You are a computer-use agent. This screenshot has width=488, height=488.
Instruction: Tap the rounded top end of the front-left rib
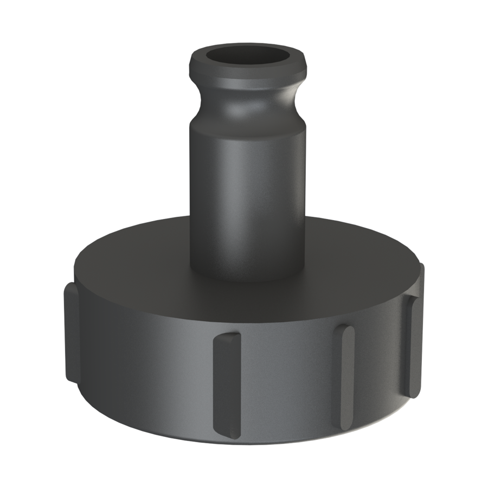[227, 337]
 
